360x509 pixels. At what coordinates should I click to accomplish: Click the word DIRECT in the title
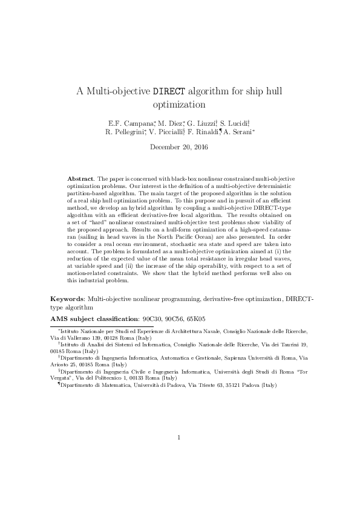pos(169,92)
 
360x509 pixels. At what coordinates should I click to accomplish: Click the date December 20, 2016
pos(179,147)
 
